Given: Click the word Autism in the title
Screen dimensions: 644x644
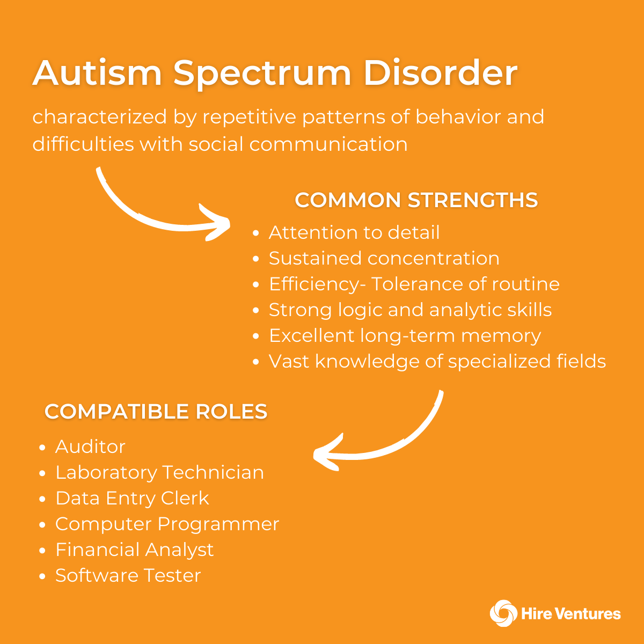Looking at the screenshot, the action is click(x=97, y=73).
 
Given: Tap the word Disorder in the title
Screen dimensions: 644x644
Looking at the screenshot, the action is click(x=441, y=73).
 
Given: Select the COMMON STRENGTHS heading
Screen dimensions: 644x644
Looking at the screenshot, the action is click(x=416, y=200).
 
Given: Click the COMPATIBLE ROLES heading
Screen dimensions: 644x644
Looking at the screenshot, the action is click(x=156, y=411).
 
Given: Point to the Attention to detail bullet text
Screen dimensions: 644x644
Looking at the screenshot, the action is click(x=354, y=232).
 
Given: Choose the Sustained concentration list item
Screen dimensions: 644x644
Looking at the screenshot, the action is click(x=384, y=258).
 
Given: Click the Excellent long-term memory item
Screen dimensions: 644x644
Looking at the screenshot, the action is click(x=405, y=335).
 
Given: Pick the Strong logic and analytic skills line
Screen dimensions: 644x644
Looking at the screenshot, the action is click(x=411, y=310).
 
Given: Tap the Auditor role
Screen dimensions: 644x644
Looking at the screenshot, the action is click(x=90, y=447).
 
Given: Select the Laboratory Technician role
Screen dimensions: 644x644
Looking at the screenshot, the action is click(x=160, y=472).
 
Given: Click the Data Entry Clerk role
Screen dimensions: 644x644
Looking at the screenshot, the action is click(x=133, y=498).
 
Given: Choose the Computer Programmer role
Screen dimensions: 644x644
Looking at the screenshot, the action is click(x=167, y=524).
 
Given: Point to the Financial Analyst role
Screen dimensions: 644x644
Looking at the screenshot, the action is click(x=135, y=550).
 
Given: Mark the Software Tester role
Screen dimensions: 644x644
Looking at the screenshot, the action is click(x=128, y=575).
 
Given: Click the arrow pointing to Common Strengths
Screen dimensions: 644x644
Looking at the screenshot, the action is click(x=141, y=216).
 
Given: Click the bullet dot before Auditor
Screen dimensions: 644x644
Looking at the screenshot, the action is click(x=42, y=448).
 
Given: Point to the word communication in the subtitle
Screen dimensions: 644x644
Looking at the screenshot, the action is click(x=328, y=144).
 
